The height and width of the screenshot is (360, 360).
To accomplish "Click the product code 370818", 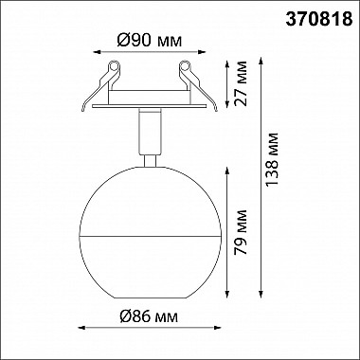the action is click(x=319, y=20).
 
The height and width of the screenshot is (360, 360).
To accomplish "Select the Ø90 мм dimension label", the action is click(x=150, y=40).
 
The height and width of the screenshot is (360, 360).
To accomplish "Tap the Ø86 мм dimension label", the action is click(x=149, y=316).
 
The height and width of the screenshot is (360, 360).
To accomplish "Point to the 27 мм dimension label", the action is click(x=241, y=83).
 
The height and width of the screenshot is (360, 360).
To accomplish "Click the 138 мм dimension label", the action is click(x=272, y=159).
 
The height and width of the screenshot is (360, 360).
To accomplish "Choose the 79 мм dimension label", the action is click(x=241, y=232).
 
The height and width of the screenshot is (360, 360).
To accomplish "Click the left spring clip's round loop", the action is click(x=114, y=66).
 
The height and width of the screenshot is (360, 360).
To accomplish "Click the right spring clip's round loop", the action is click(x=185, y=66).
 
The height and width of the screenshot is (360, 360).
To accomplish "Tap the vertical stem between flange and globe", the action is click(x=150, y=132).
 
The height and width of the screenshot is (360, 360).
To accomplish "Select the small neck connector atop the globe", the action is click(x=150, y=161).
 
